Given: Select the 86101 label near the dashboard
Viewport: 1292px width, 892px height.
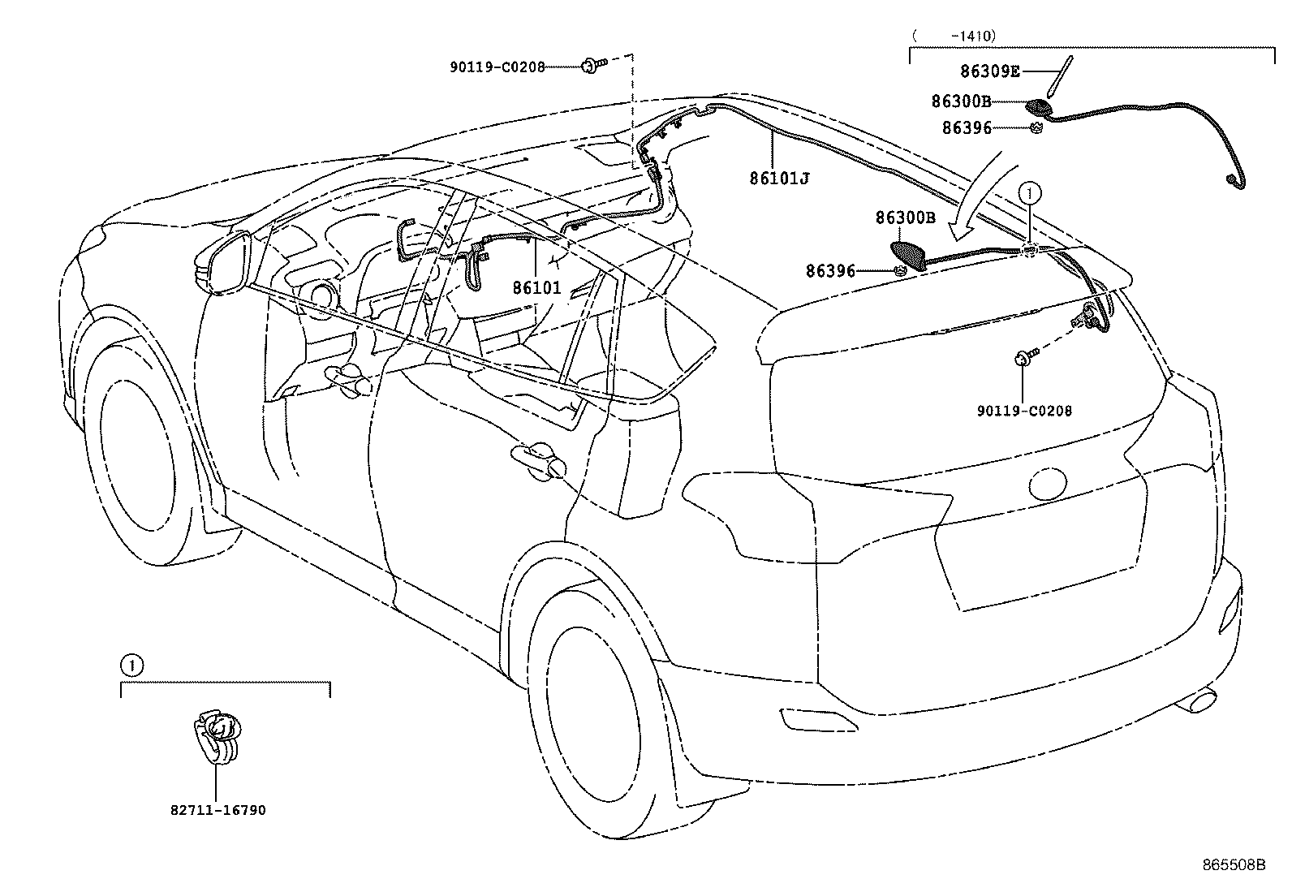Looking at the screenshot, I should click(536, 287).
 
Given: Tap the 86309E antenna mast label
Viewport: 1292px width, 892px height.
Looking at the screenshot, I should click(989, 71).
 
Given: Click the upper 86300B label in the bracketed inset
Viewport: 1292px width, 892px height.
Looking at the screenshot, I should click(961, 101).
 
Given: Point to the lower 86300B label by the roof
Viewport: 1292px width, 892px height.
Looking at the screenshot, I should click(905, 218).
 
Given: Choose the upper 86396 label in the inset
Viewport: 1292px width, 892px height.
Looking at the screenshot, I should click(967, 128).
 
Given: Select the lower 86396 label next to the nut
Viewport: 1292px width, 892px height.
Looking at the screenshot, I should click(830, 271).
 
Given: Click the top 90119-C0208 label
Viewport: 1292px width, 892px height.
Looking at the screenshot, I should click(497, 68).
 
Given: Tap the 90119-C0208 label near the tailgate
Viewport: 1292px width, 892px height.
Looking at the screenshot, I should click(1024, 411).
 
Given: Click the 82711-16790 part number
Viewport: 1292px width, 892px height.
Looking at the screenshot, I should click(218, 810).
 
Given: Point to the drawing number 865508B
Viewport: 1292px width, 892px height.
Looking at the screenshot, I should click(1234, 864).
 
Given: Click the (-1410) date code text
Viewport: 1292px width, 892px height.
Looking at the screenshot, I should click(953, 36).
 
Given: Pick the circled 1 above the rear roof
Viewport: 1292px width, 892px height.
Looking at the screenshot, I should click(1029, 192).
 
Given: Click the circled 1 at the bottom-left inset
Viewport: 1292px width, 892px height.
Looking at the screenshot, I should click(131, 666).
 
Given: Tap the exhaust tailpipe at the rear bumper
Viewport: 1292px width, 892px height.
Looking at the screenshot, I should click(1199, 700).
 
